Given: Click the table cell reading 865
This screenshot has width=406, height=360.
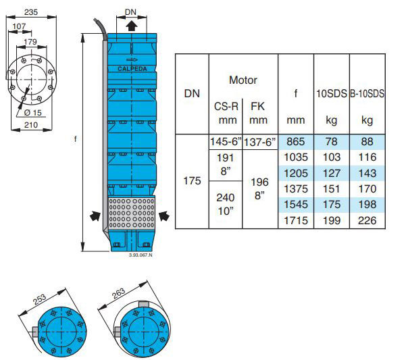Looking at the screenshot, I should pyautogui.click(x=296, y=142).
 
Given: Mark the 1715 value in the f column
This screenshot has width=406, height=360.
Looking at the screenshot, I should pyautogui.click(x=296, y=220).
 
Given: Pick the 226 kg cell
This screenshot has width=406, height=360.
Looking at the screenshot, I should pyautogui.click(x=367, y=220).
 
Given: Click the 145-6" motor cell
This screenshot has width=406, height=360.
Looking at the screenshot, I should pyautogui.click(x=224, y=142).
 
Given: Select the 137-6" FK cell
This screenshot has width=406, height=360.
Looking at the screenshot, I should pyautogui.click(x=259, y=142).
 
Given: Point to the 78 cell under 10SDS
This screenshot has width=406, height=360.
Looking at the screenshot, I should pyautogui.click(x=332, y=142).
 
